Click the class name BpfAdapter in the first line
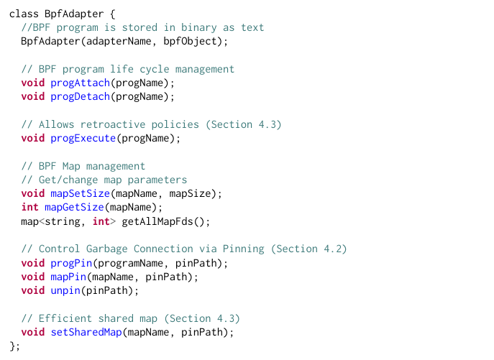(74, 14)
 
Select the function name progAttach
(80, 83)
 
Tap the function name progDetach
(80, 97)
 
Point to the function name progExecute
(83, 139)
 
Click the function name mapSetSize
(80, 194)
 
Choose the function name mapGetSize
(74, 208)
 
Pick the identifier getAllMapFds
(157, 222)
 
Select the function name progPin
(71, 263)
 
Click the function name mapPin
(68, 277)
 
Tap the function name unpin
(65, 291)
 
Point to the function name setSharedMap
(86, 332)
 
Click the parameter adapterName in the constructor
(119, 41)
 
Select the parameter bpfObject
(190, 41)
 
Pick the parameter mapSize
(190, 194)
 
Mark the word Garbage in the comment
(107, 249)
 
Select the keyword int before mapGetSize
(30, 208)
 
